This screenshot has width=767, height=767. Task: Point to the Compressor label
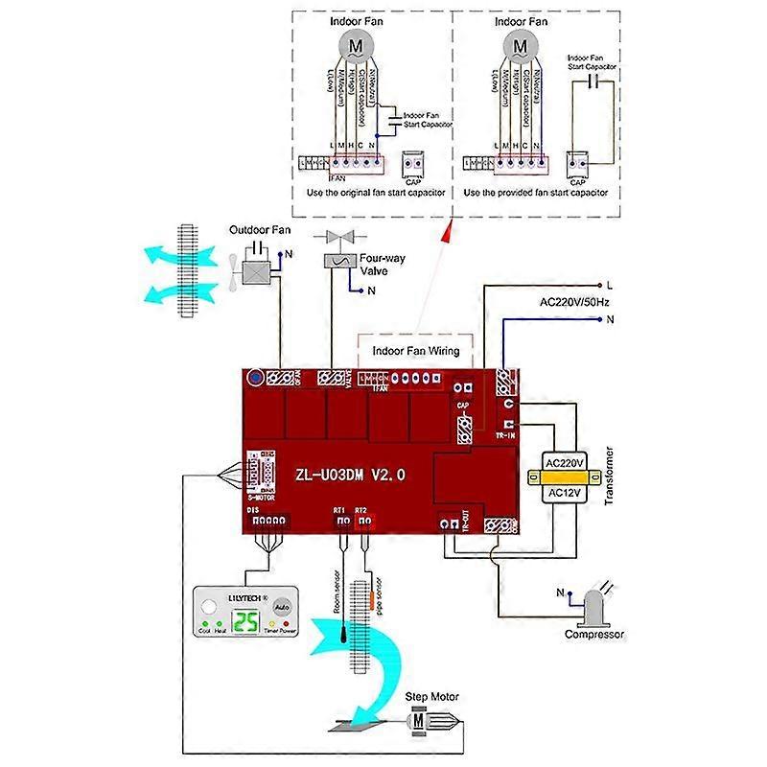click(x=594, y=634)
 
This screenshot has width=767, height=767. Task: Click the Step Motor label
click(x=432, y=697)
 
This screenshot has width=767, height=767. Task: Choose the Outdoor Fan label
click(x=259, y=230)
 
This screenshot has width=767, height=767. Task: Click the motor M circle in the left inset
click(x=356, y=45)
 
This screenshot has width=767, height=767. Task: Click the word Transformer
click(x=610, y=476)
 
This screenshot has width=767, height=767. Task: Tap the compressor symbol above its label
click(x=593, y=604)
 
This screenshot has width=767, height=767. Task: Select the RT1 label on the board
click(x=338, y=509)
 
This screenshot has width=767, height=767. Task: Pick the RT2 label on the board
click(x=360, y=509)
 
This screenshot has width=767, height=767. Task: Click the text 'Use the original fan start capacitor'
click(x=375, y=193)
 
